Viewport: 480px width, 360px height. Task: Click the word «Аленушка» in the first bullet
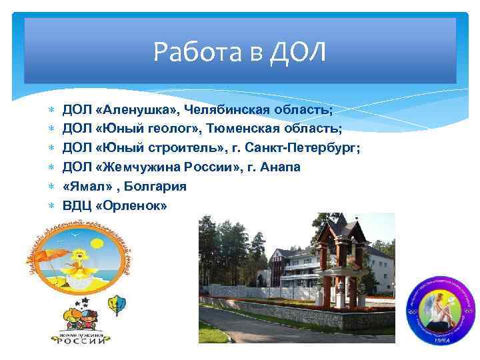(132, 108)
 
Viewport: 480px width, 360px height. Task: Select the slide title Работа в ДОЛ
(239, 51)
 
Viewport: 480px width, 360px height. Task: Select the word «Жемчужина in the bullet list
(134, 167)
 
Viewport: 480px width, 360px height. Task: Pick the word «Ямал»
(84, 187)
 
